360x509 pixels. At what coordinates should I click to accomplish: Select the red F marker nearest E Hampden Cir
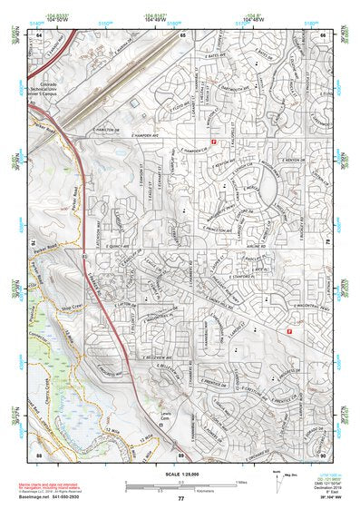coord(213,143)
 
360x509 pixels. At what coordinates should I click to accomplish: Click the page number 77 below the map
coord(180,499)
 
